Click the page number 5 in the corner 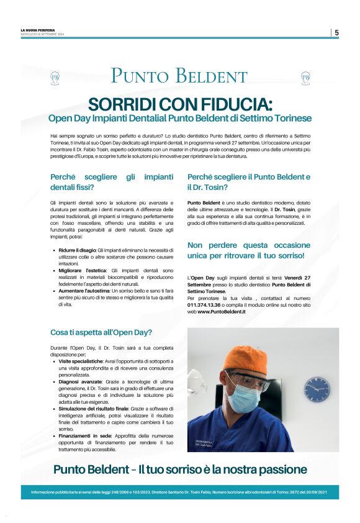[336, 32]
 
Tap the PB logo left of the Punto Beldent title [55, 78]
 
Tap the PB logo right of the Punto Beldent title [305, 78]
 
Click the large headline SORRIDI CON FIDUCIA [180, 103]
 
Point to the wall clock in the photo [317, 389]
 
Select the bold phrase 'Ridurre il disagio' [78, 249]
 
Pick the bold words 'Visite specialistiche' [81, 360]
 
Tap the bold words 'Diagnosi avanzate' [79, 383]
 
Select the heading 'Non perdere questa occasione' [246, 245]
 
